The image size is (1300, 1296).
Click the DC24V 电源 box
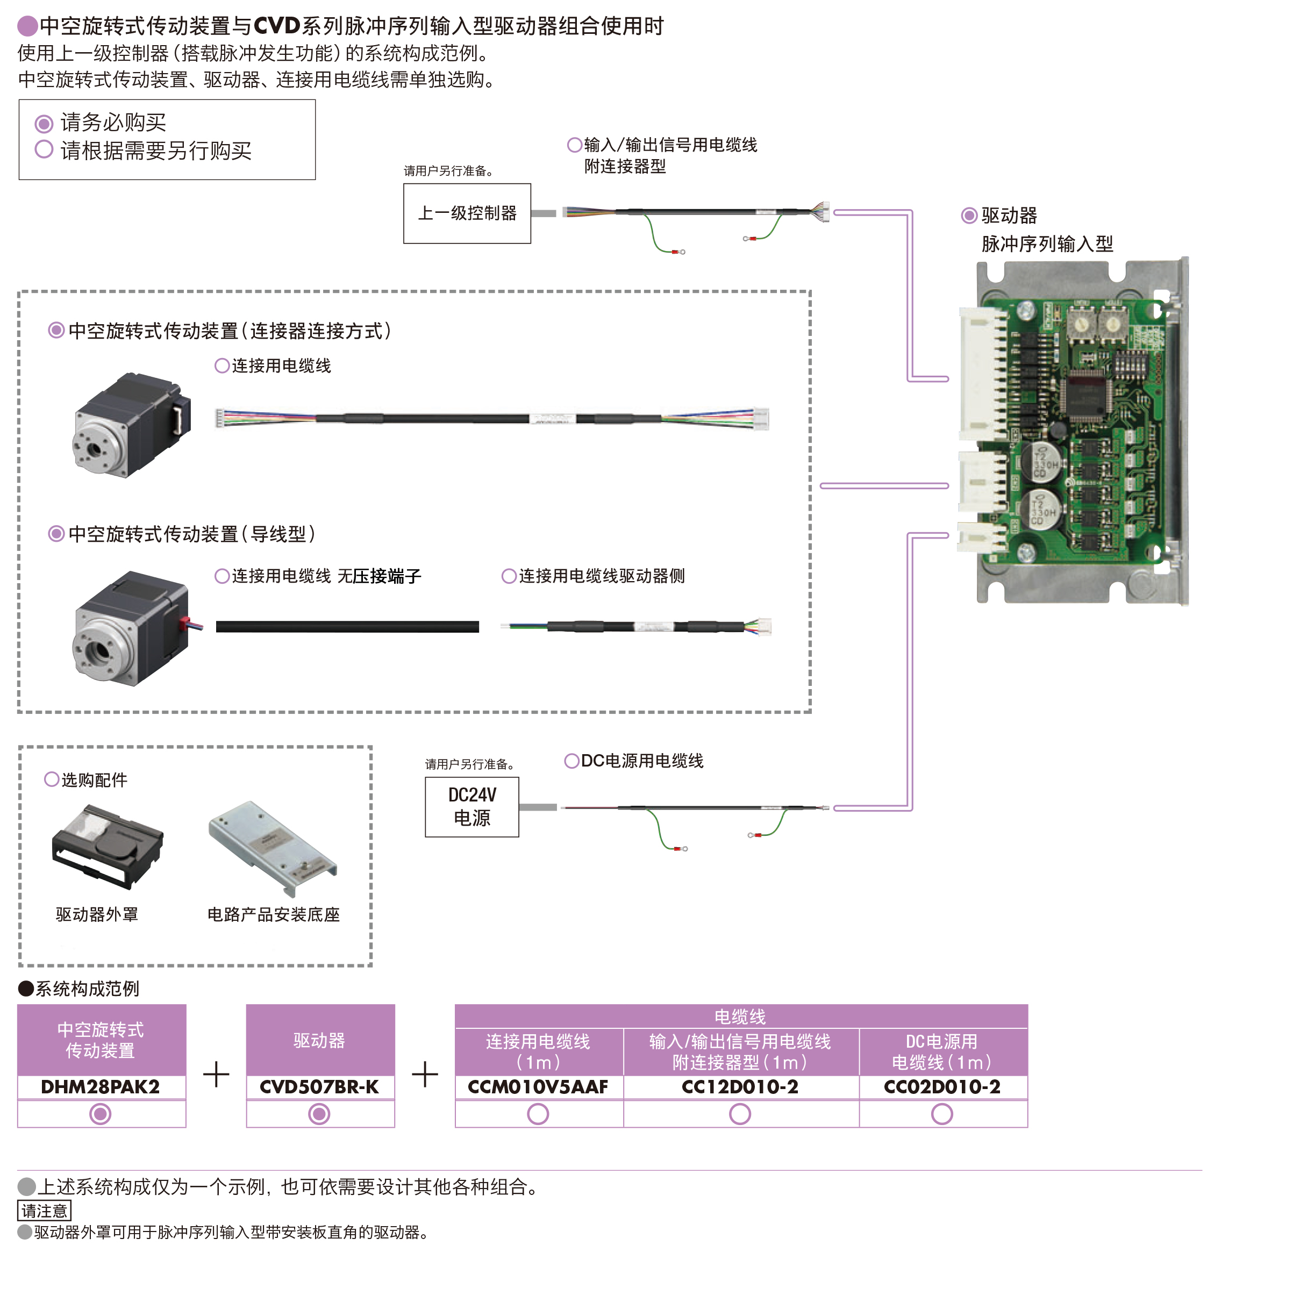(x=471, y=806)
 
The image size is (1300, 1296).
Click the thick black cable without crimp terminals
(x=347, y=626)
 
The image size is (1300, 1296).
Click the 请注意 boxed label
(x=45, y=1211)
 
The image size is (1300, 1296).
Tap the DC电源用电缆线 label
(x=641, y=761)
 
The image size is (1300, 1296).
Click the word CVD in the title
(x=276, y=26)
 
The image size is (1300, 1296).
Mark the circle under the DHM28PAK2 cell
(x=100, y=1114)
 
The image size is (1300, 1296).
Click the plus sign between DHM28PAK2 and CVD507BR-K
(x=216, y=1074)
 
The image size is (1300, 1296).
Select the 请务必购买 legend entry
(x=113, y=123)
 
